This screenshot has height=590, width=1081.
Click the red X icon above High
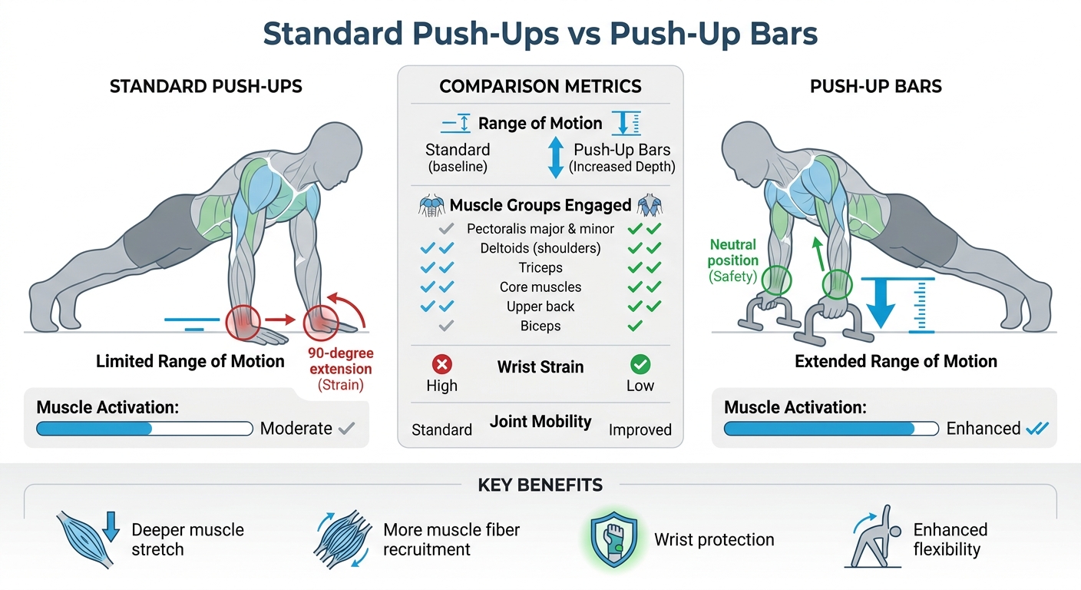[441, 365]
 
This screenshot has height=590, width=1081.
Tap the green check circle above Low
[640, 365]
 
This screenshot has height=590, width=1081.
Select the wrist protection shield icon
[614, 539]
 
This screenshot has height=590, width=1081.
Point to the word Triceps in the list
[540, 267]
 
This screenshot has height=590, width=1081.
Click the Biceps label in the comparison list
[540, 326]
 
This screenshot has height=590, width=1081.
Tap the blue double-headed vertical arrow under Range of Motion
[555, 157]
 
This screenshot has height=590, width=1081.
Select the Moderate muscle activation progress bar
[145, 428]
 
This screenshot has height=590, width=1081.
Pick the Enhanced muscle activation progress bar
[831, 428]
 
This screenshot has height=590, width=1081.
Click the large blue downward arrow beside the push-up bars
[881, 303]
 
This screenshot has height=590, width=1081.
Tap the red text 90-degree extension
[341, 360]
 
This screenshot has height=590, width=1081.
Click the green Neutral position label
[732, 253]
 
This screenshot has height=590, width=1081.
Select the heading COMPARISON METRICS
[540, 86]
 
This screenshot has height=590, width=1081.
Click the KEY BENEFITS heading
[540, 485]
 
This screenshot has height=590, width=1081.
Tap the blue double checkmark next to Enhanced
[1037, 428]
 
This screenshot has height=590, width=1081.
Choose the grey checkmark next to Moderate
[346, 428]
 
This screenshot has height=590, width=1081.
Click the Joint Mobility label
[540, 422]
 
